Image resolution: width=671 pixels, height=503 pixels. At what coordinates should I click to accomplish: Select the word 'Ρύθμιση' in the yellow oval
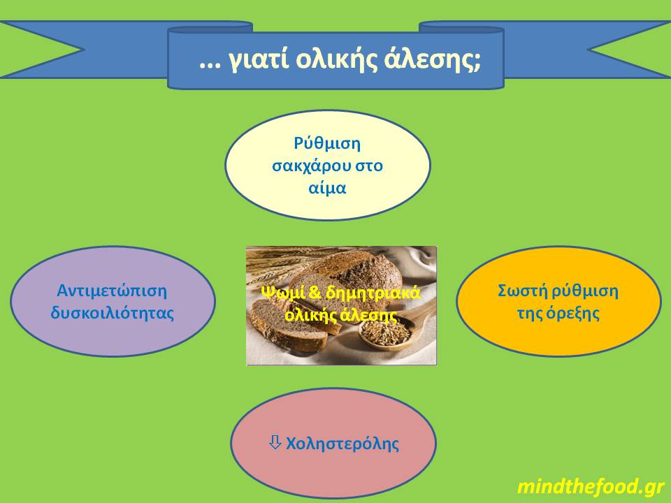(327, 145)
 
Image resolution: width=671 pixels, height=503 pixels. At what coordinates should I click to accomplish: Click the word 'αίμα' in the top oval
(327, 188)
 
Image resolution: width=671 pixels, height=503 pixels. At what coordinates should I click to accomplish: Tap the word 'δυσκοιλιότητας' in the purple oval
(112, 312)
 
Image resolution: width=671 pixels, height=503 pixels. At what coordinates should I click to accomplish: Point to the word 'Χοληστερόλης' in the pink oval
(342, 443)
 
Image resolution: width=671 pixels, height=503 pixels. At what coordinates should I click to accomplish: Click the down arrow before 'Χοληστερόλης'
(275, 442)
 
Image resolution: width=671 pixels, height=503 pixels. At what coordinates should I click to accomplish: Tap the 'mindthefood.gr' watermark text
(591, 486)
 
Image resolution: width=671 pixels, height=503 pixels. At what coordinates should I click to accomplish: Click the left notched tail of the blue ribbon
(42, 49)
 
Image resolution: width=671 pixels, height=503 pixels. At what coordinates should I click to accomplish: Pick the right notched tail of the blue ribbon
(629, 49)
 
